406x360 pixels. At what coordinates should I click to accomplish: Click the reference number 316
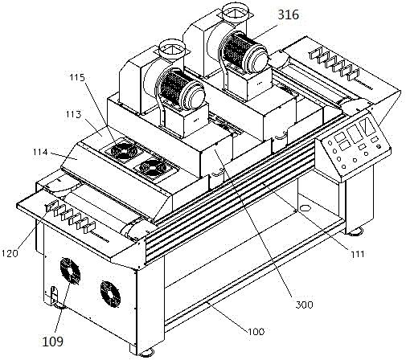pyautogui.click(x=288, y=14)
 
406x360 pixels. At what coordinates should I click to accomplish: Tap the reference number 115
pyautogui.click(x=77, y=78)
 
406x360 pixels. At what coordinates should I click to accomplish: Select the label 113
pyautogui.click(x=73, y=114)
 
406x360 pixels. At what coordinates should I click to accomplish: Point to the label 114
pyautogui.click(x=40, y=152)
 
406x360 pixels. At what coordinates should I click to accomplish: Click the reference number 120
pyautogui.click(x=10, y=253)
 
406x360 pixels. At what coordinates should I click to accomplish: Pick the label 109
pyautogui.click(x=53, y=342)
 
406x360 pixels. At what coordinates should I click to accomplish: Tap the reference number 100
pyautogui.click(x=256, y=332)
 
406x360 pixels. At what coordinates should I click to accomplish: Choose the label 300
pyautogui.click(x=304, y=305)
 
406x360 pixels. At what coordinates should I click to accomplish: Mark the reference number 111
pyautogui.click(x=356, y=254)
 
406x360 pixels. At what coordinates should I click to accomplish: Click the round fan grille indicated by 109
pyautogui.click(x=70, y=271)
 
